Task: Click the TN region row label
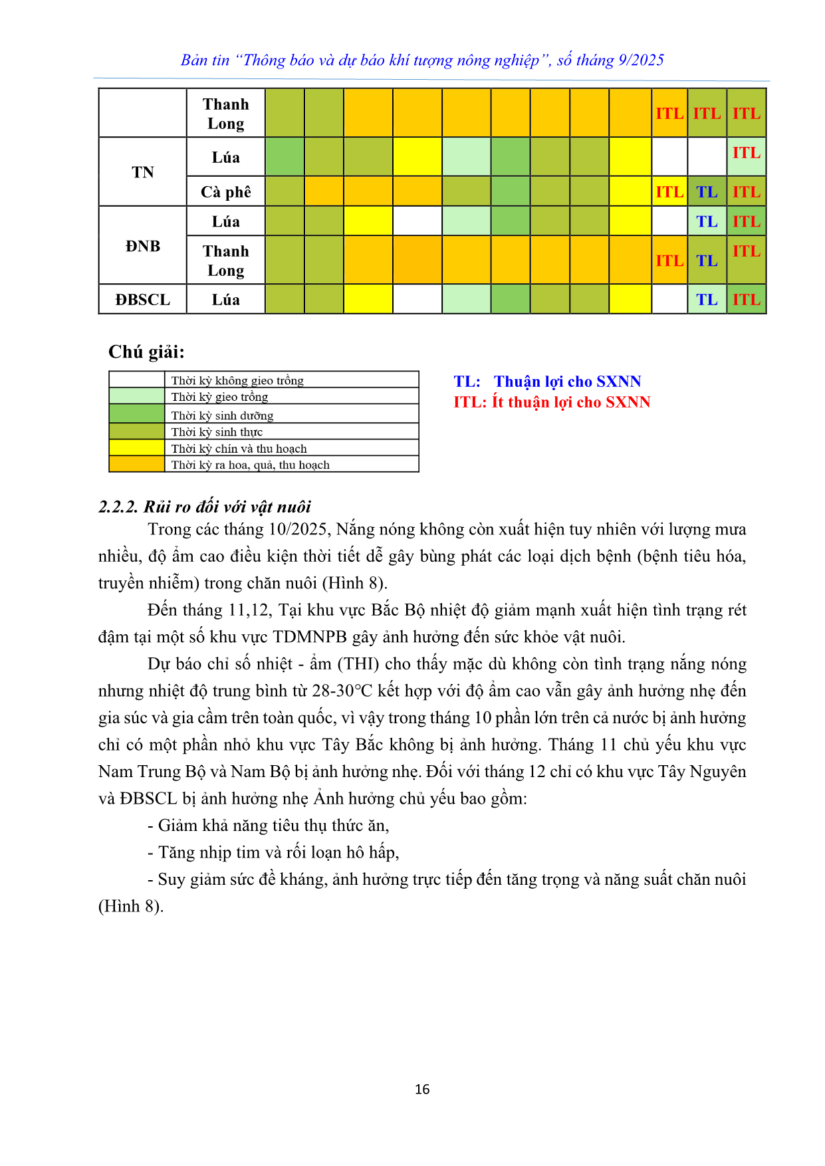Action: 142,172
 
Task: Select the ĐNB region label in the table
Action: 142,246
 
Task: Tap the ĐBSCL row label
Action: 142,300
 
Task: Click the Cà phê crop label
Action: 226,192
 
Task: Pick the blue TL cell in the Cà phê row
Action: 707,192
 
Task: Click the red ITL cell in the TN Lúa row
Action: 747,153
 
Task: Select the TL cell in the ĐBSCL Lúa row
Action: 707,300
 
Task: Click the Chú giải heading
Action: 146,352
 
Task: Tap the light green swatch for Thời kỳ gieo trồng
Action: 137,396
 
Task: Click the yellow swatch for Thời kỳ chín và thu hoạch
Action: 137,448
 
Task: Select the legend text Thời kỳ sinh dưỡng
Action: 222,415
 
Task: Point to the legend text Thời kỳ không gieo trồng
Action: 237,380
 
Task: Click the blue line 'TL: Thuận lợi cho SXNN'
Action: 547,382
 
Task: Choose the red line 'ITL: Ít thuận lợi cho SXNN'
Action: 552,402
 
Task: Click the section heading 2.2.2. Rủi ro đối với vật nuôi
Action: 205,507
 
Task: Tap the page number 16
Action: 422,1089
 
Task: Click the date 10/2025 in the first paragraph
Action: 298,529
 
